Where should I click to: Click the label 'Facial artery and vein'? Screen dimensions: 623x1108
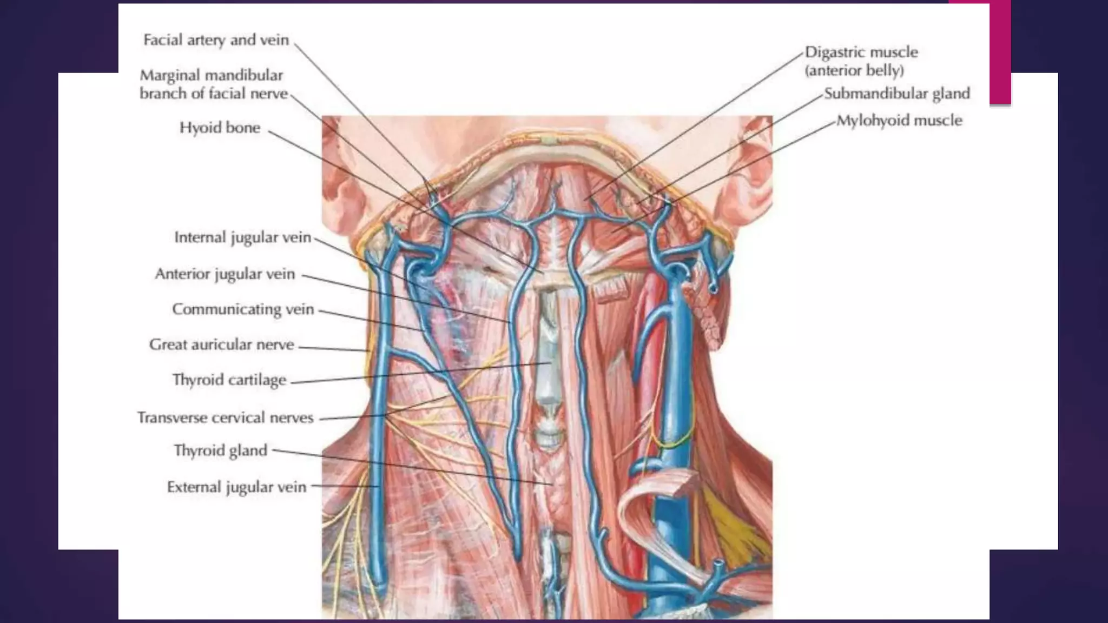click(216, 40)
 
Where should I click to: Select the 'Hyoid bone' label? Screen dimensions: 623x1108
click(220, 128)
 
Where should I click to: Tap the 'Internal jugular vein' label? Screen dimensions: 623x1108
click(242, 237)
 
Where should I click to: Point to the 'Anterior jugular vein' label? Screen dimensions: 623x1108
click(225, 274)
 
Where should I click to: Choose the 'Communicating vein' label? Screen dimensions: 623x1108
click(243, 309)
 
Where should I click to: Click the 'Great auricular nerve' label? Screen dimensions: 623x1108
click(221, 344)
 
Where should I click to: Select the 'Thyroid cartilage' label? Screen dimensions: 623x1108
click(229, 380)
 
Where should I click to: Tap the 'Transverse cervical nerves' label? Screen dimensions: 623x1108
click(225, 417)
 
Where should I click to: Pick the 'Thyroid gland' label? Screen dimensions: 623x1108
click(220, 450)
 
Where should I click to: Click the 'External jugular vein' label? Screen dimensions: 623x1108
click(236, 487)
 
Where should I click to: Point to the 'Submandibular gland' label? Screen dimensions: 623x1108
click(896, 94)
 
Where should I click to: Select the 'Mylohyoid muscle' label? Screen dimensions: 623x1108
click(899, 120)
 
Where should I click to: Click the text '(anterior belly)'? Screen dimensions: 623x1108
click(854, 71)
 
